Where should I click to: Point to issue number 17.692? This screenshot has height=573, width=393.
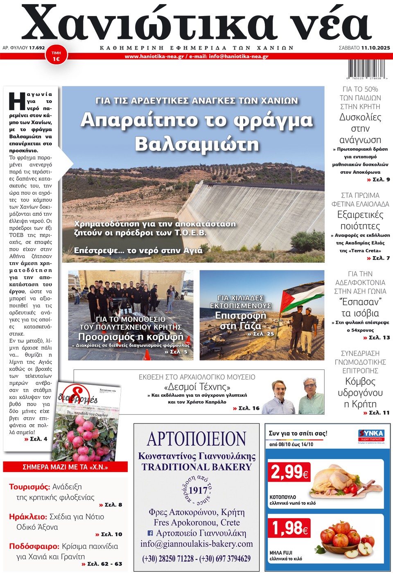[37, 48]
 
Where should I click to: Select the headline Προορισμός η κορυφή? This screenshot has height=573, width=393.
[131, 337]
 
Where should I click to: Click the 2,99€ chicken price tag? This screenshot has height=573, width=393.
[289, 472]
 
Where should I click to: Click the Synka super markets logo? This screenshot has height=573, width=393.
[371, 435]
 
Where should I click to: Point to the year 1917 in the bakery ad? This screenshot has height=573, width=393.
[198, 490]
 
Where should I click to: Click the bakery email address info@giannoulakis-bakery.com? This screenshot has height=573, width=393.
[196, 544]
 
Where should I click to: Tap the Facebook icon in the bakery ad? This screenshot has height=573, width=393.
[150, 533]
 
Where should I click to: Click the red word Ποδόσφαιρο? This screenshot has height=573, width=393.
[34, 546]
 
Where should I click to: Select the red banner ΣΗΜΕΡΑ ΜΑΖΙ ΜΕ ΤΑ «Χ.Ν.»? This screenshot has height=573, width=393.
[65, 467]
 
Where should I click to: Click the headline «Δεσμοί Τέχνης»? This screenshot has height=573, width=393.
[197, 387]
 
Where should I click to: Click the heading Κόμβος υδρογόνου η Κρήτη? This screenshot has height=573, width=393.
[360, 393]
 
